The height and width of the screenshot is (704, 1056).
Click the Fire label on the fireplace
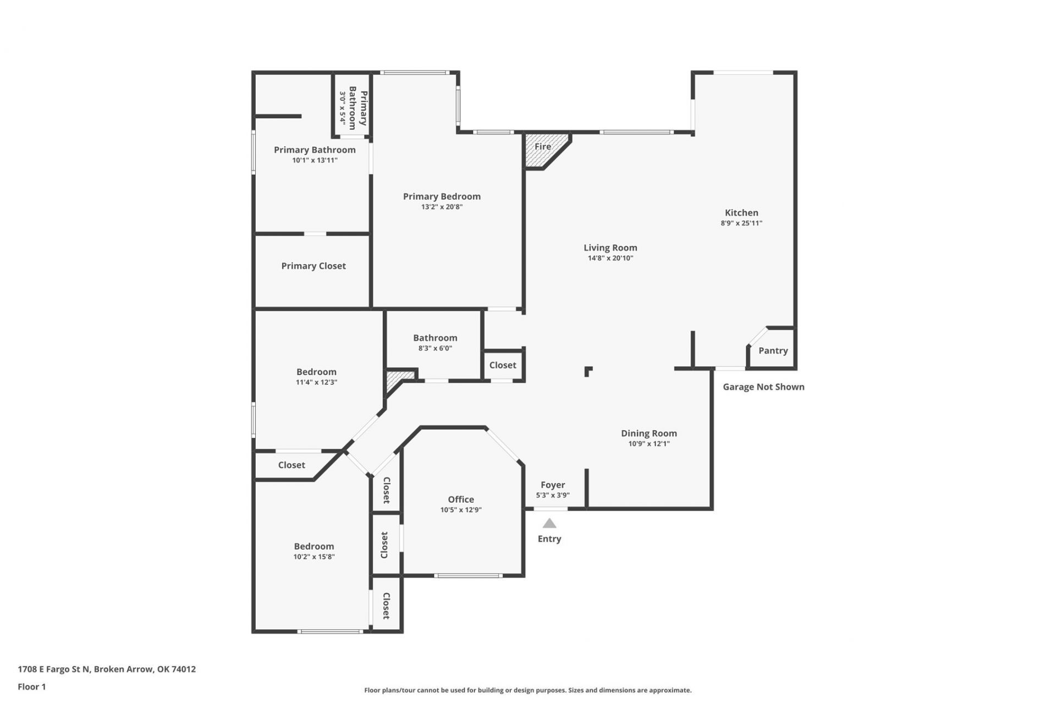(542, 146)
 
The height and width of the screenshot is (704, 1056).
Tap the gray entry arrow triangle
(549, 523)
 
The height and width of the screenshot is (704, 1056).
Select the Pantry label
(773, 351)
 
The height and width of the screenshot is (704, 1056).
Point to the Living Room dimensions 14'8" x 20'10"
(610, 258)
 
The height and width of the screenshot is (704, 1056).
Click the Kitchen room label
(741, 212)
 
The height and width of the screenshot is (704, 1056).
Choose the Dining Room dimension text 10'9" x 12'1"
(649, 444)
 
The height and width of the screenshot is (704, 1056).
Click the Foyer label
(553, 485)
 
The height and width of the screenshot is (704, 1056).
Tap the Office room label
(461, 499)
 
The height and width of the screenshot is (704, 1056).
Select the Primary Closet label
(313, 266)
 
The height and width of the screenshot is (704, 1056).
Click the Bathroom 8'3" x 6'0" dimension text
(435, 348)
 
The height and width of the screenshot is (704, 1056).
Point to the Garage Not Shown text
(763, 387)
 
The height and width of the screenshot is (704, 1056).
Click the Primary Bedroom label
(442, 196)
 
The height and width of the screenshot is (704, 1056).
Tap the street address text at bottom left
(107, 669)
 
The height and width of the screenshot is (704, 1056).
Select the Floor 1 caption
(32, 686)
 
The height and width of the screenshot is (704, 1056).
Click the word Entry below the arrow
(549, 539)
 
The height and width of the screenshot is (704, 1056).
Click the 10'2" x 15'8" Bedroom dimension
(314, 557)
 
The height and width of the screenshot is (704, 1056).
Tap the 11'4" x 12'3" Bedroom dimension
(316, 382)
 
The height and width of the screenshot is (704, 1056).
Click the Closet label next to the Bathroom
(503, 365)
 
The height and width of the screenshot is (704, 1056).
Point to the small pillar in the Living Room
(588, 371)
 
